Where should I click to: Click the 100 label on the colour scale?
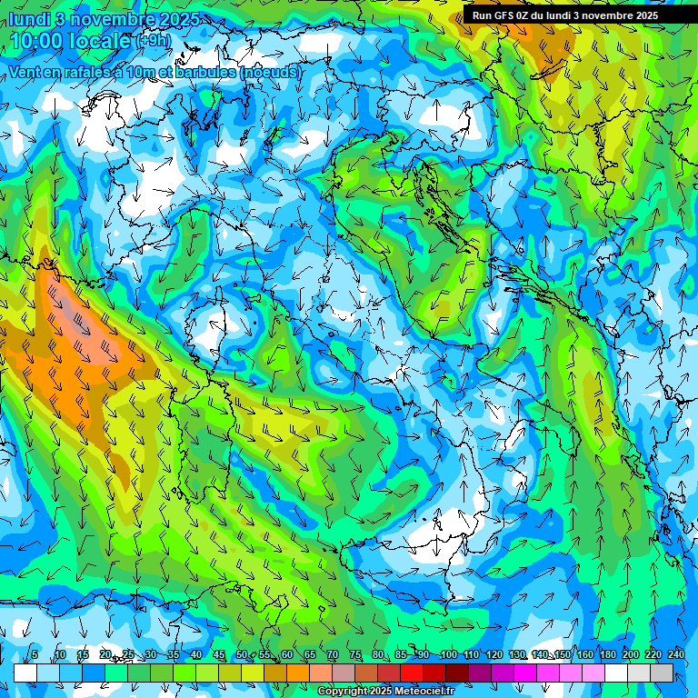tap(448, 654)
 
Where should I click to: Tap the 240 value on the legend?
tap(675, 654)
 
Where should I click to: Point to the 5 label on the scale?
tap(35, 654)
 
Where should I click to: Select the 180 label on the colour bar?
tap(607, 654)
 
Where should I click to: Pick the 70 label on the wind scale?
tap(333, 654)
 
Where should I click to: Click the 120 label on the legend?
tap(494, 654)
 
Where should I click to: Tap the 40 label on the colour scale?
tap(195, 654)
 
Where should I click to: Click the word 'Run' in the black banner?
tap(483, 15)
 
